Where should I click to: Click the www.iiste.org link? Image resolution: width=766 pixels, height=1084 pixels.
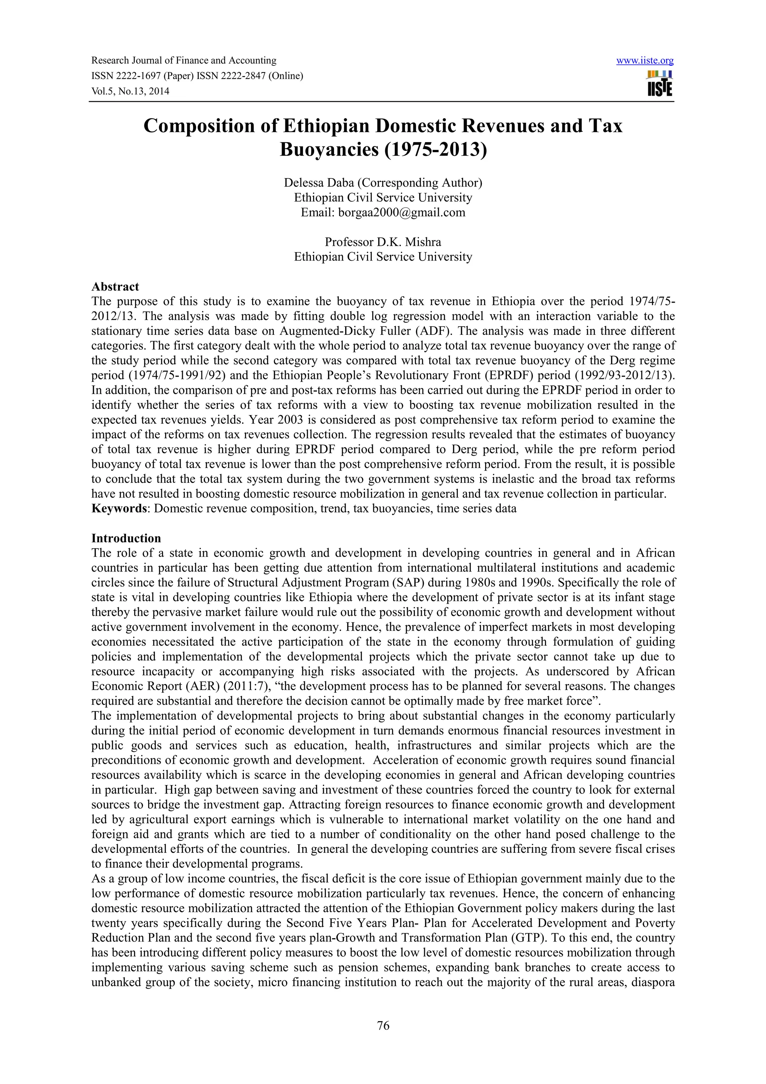[x=645, y=61]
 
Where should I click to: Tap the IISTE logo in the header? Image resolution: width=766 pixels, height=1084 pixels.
[x=660, y=83]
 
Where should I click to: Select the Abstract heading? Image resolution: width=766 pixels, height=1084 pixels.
[x=115, y=287]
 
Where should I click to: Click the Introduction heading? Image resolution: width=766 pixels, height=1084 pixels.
[x=126, y=538]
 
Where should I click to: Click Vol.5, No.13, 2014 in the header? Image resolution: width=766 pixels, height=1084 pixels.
[x=130, y=91]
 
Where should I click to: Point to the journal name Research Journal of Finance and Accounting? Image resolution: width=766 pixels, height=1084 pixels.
[x=184, y=61]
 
